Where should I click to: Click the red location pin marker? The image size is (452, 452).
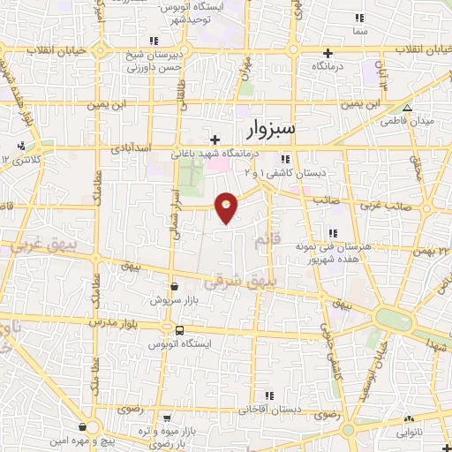click(228, 207)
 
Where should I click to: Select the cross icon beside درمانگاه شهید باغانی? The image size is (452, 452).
click(215, 139)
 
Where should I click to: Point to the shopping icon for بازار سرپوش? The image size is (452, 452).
click(174, 287)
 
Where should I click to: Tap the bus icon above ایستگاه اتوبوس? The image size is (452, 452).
click(180, 331)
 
